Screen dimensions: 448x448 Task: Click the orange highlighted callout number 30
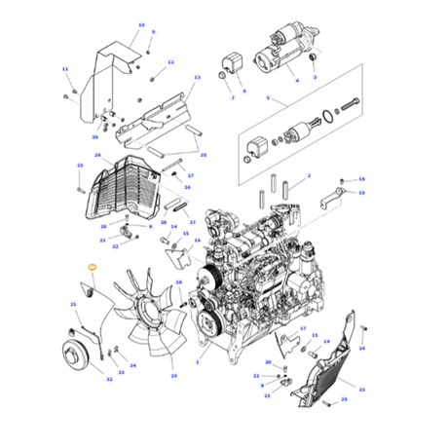92,266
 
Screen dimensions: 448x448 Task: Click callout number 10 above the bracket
141,24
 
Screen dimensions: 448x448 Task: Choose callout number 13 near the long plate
197,77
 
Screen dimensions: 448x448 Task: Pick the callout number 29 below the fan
174,376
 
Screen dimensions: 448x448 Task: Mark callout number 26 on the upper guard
97,155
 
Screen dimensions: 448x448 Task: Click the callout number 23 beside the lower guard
361,389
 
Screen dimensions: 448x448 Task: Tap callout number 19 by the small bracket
361,193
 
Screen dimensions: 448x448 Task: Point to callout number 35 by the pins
204,155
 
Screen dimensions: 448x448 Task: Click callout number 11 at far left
65,69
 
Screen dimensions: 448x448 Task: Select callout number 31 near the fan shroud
73,305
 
